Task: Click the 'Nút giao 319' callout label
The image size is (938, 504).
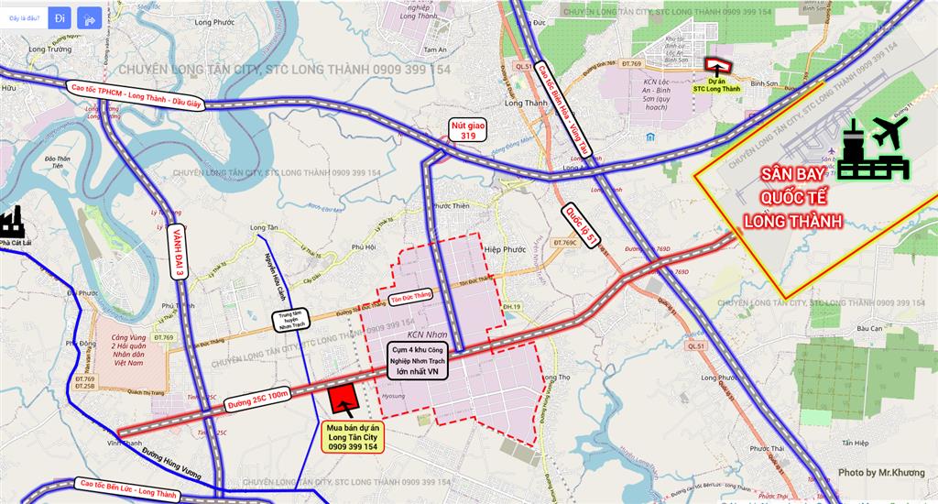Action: (x=467, y=129)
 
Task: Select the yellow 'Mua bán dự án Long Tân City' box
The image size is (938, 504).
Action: (x=352, y=437)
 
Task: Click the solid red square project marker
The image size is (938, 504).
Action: (x=343, y=400)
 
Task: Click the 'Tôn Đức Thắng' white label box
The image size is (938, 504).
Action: (x=409, y=296)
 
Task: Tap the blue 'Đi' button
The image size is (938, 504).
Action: (x=60, y=17)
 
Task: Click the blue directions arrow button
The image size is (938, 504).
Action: (x=90, y=17)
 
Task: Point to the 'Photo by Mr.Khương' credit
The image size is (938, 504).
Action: (x=881, y=473)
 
